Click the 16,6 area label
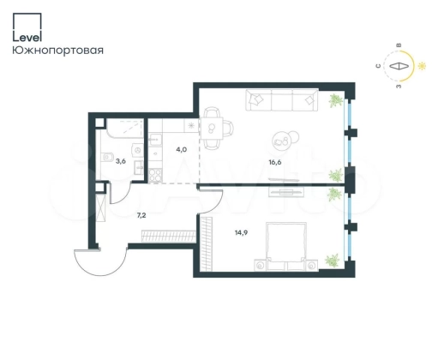(275, 162)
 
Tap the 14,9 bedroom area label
(241, 232)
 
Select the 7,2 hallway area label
(141, 215)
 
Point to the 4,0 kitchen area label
(182, 149)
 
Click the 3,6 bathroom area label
(121, 161)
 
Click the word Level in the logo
(27, 37)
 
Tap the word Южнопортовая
(57, 51)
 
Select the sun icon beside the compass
(422, 66)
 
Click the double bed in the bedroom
(286, 246)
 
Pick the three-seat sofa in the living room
(282, 99)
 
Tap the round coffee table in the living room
(282, 140)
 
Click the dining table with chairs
(216, 129)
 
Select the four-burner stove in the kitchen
(155, 175)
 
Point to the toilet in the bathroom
(107, 158)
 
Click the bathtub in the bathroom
(125, 128)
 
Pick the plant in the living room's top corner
(335, 101)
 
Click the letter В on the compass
(399, 45)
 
